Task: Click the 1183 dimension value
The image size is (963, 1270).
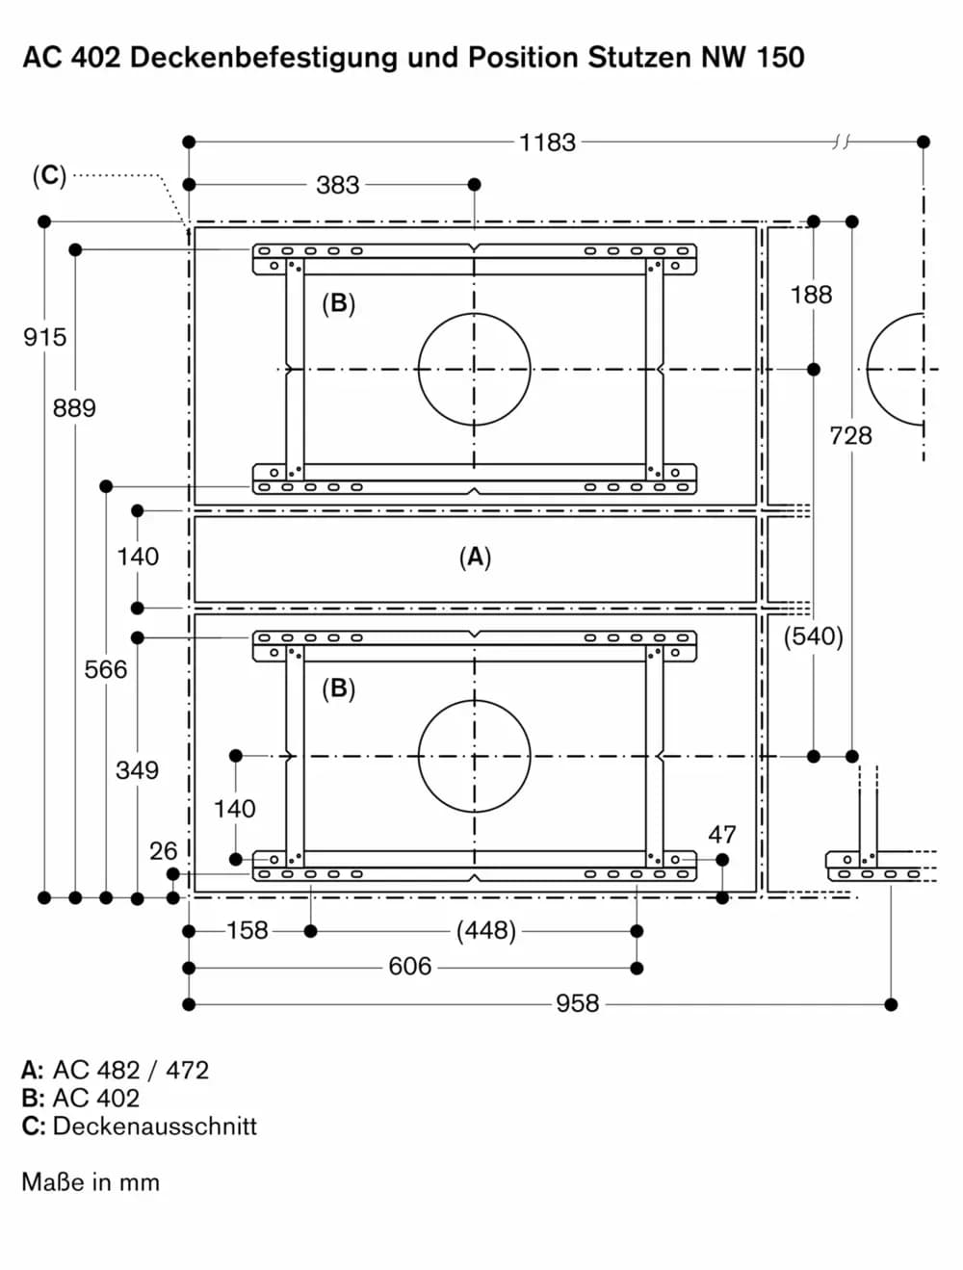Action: (547, 143)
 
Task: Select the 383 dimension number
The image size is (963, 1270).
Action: (337, 185)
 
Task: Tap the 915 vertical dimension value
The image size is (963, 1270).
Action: (44, 337)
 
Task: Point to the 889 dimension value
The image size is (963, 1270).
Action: (74, 408)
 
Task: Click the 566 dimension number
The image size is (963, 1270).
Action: (105, 669)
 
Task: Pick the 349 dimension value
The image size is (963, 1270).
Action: (137, 770)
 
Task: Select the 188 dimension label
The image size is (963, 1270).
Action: (812, 295)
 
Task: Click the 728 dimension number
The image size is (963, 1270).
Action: (850, 435)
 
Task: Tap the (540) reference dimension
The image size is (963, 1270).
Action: (813, 636)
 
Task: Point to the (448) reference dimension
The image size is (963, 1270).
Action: (486, 931)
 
